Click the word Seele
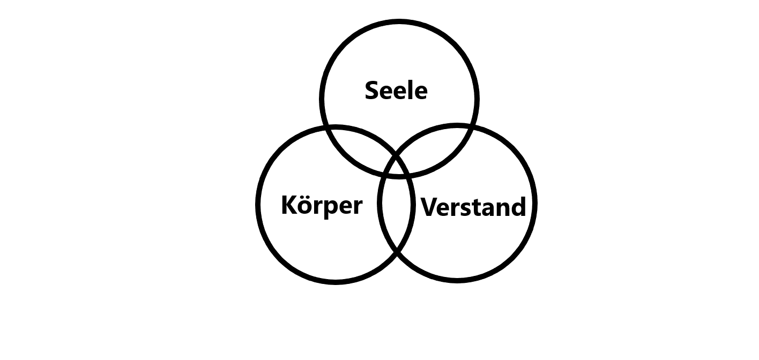[x=396, y=91]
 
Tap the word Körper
[x=322, y=205]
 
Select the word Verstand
[x=473, y=207]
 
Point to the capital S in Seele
[x=372, y=91]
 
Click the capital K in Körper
[x=289, y=205]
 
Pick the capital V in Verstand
[x=429, y=207]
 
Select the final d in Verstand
[x=518, y=207]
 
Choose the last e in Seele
[x=421, y=92]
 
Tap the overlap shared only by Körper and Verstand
[x=397, y=214]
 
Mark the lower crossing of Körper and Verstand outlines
[x=397, y=251]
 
